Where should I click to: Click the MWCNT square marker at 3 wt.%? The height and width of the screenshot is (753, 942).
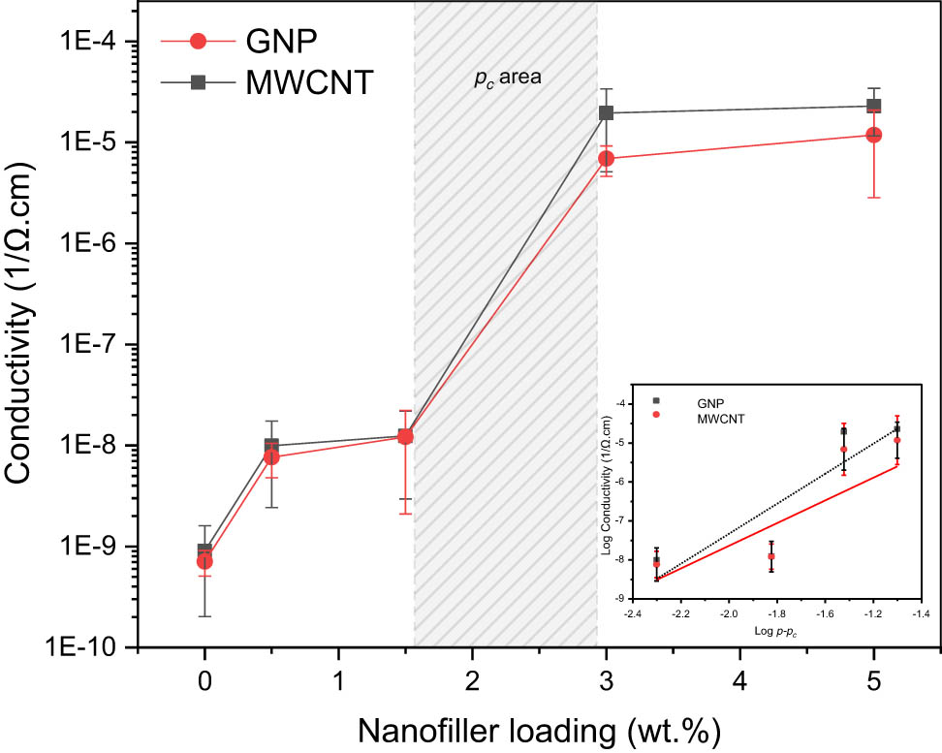[606, 112]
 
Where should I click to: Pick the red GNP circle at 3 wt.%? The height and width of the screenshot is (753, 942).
[606, 158]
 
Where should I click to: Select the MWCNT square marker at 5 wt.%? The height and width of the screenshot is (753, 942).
[873, 106]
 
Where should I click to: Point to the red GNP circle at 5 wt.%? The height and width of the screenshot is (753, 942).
[873, 135]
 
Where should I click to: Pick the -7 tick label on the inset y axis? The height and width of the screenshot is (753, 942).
[621, 520]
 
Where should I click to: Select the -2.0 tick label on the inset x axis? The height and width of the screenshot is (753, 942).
[729, 613]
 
